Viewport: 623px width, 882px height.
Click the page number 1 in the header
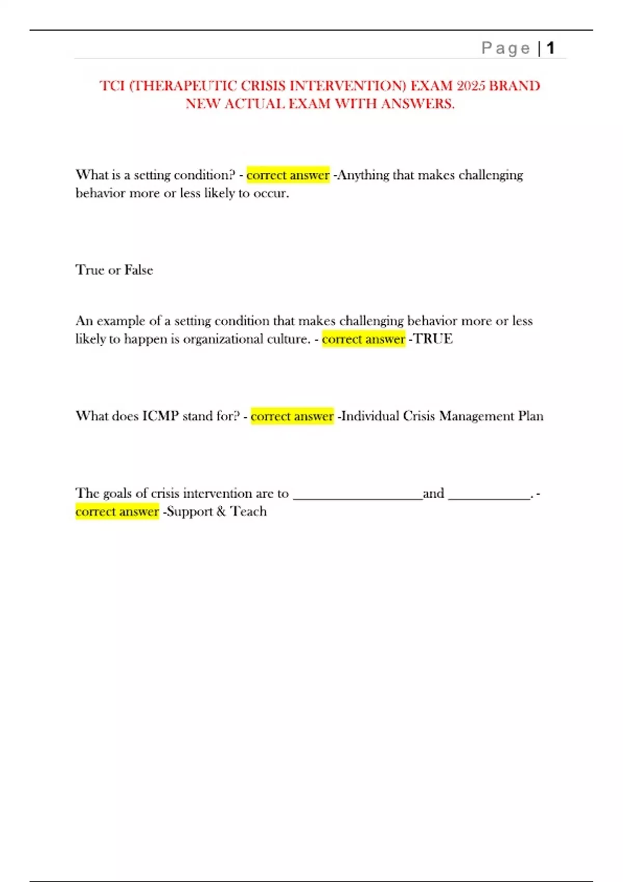pyautogui.click(x=551, y=48)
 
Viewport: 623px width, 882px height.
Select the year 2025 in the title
pyautogui.click(x=470, y=86)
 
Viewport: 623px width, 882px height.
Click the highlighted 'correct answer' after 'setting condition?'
pyautogui.click(x=288, y=175)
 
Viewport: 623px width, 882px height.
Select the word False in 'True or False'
pyautogui.click(x=139, y=270)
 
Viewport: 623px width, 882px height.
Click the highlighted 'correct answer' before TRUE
pyautogui.click(x=363, y=339)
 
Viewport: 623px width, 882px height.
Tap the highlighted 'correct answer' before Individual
pyautogui.click(x=292, y=416)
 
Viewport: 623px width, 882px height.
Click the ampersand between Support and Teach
pyautogui.click(x=221, y=512)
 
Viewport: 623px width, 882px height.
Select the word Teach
pyautogui.click(x=248, y=512)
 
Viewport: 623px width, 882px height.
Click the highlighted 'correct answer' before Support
pyautogui.click(x=117, y=512)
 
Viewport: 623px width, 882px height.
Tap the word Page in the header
pyautogui.click(x=506, y=48)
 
